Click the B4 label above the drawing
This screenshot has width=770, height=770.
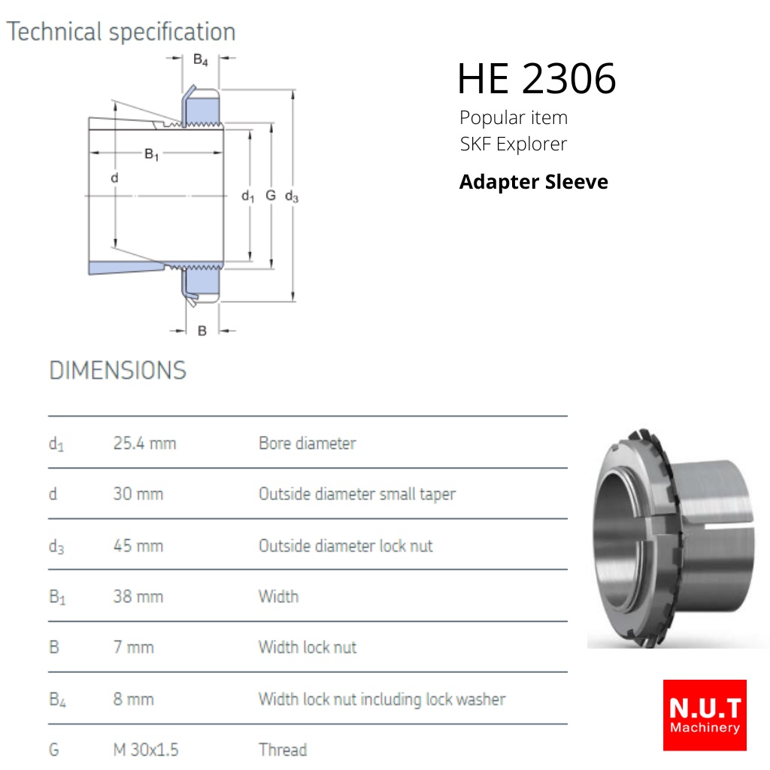click(x=200, y=60)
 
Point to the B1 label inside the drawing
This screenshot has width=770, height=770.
click(x=151, y=155)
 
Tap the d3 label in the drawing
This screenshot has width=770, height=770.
click(x=292, y=196)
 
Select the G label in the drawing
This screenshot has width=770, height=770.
click(x=271, y=196)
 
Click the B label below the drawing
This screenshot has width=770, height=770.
click(x=202, y=331)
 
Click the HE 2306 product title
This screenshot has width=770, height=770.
click(x=536, y=78)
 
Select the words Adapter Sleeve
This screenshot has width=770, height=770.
click(x=534, y=182)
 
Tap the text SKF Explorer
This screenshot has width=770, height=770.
click(x=513, y=144)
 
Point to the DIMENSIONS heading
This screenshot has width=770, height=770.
click(x=118, y=370)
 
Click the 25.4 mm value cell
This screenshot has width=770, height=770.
click(x=144, y=443)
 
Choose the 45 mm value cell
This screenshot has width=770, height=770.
click(x=138, y=546)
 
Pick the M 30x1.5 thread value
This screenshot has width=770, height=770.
click(x=146, y=750)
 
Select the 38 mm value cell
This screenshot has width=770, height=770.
click(x=138, y=596)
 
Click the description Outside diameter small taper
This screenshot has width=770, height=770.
click(x=357, y=494)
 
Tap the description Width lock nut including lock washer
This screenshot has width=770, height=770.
click(x=382, y=699)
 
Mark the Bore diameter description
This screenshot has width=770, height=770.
click(x=308, y=443)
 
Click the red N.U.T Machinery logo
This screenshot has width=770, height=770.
click(x=705, y=715)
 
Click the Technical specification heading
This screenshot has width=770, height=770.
click(x=121, y=32)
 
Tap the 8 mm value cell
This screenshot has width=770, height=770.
click(x=133, y=699)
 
